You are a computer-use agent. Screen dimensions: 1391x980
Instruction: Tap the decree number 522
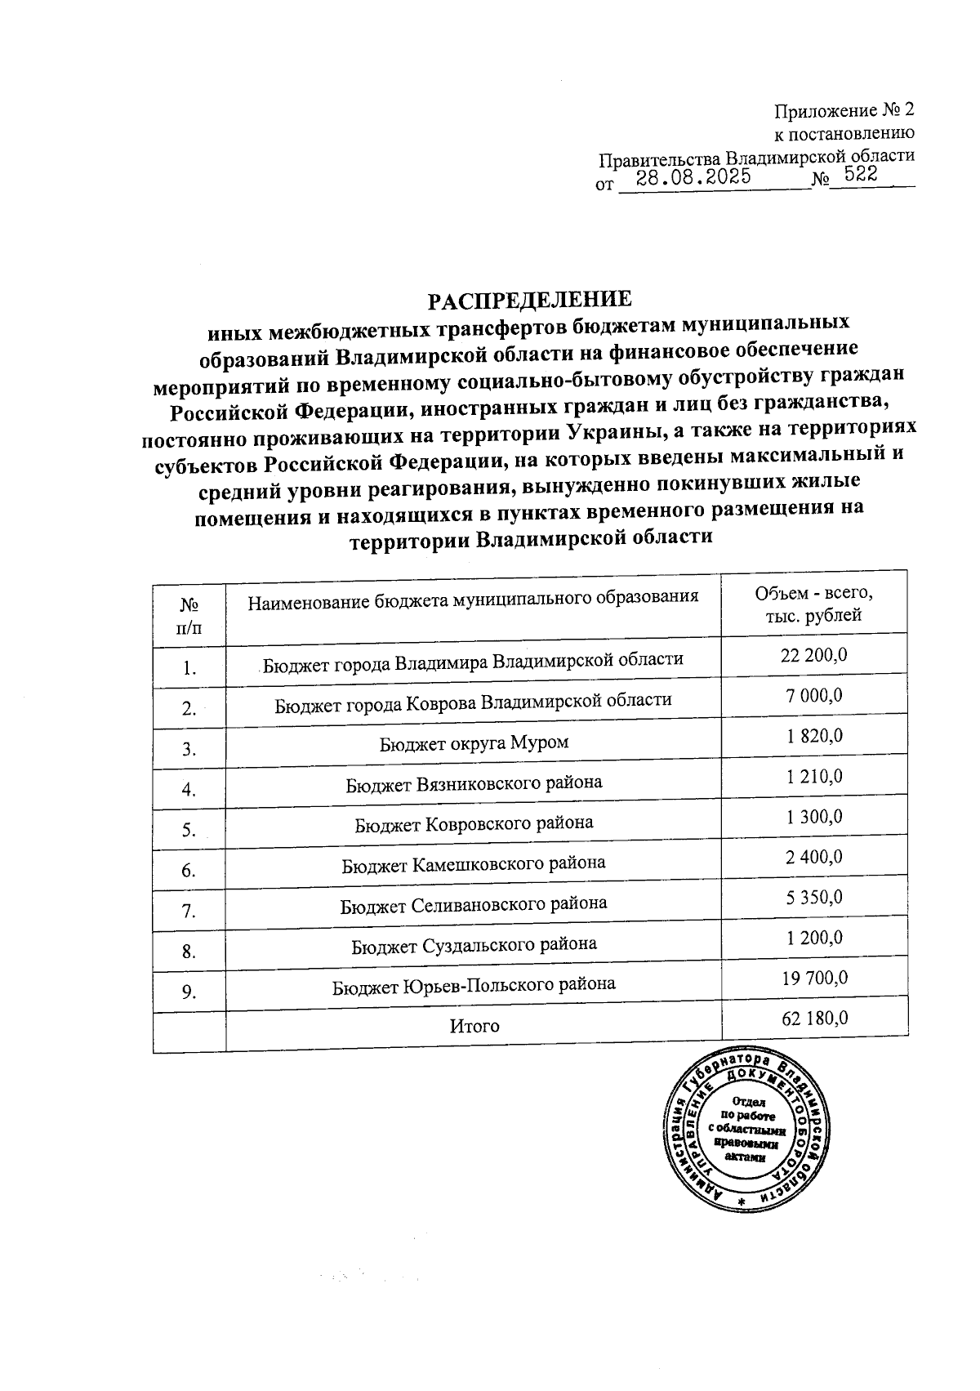(861, 175)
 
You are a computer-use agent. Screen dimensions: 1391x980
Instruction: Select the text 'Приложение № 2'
(844, 110)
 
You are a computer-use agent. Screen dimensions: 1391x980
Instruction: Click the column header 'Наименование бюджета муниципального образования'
(473, 600)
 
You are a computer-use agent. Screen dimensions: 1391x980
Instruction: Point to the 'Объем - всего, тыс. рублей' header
(814, 604)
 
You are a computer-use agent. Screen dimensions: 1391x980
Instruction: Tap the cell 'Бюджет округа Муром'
(474, 742)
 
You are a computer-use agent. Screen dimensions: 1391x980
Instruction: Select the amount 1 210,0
(815, 776)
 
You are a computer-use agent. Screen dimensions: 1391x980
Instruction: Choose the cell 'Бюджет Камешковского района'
(474, 863)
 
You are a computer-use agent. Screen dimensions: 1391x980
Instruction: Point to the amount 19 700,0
(815, 978)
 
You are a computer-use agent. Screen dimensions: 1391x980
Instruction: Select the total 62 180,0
(815, 1018)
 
